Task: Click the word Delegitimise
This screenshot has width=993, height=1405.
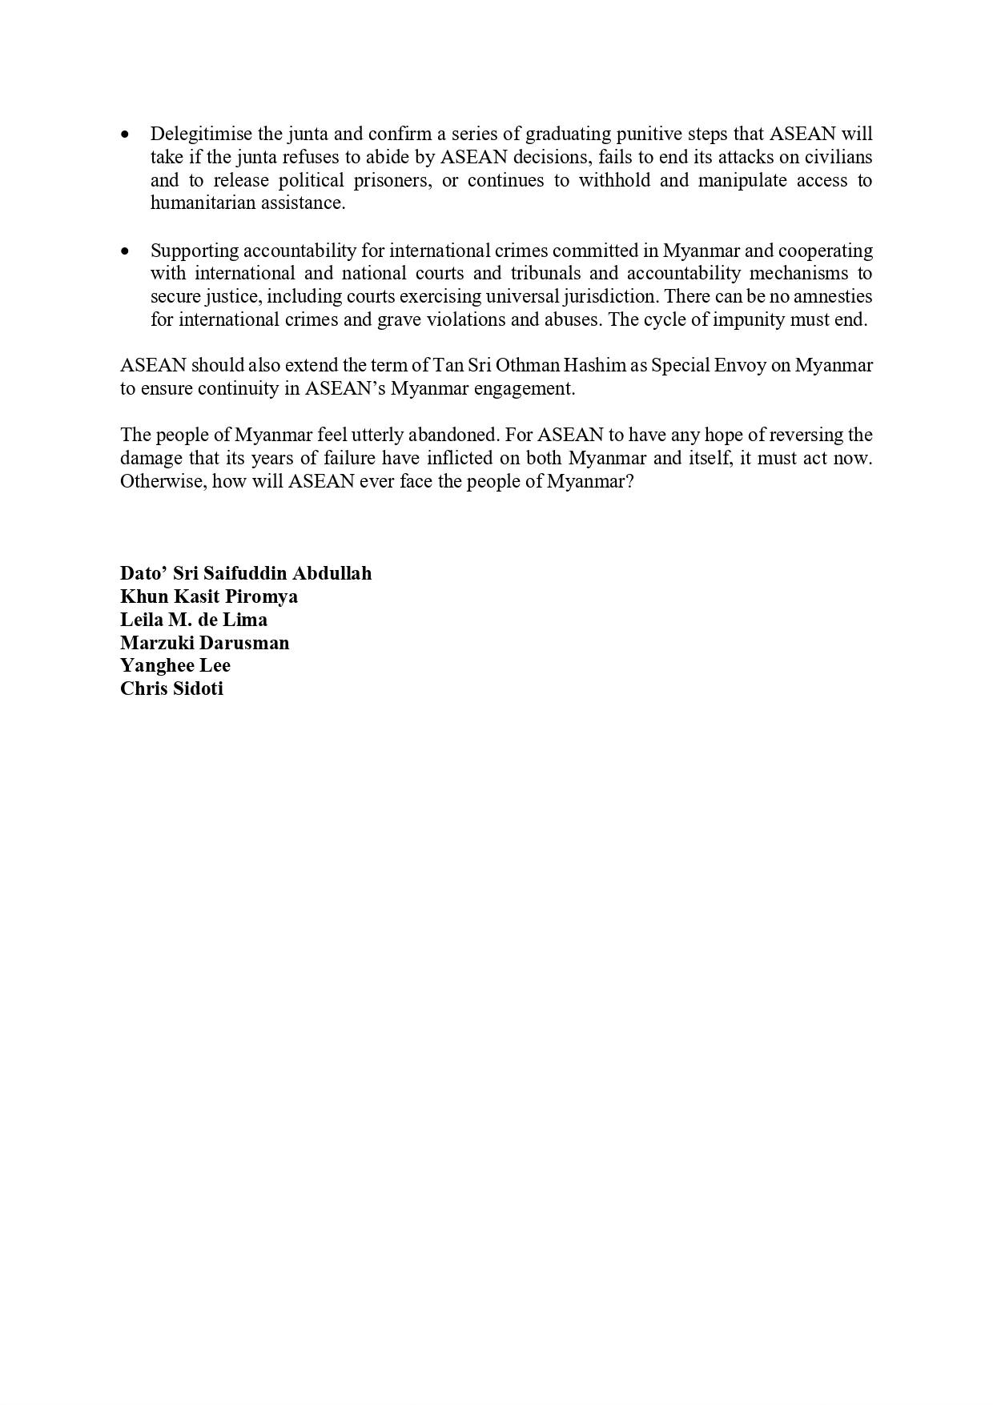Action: click(201, 134)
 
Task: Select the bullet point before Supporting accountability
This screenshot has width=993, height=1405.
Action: click(125, 251)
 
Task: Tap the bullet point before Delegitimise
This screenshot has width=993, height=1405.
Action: click(125, 134)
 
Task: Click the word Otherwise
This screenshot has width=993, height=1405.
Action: click(163, 482)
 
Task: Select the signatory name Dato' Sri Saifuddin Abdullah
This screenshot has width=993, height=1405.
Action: click(245, 573)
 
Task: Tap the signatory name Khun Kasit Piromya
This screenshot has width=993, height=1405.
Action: click(208, 596)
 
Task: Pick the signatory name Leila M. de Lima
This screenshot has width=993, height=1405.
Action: click(193, 620)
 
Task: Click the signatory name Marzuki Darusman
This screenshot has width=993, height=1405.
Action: click(204, 643)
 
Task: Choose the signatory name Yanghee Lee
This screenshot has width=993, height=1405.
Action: click(175, 665)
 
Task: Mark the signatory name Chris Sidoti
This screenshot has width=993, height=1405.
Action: click(171, 688)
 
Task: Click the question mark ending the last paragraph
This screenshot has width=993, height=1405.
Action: click(629, 482)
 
